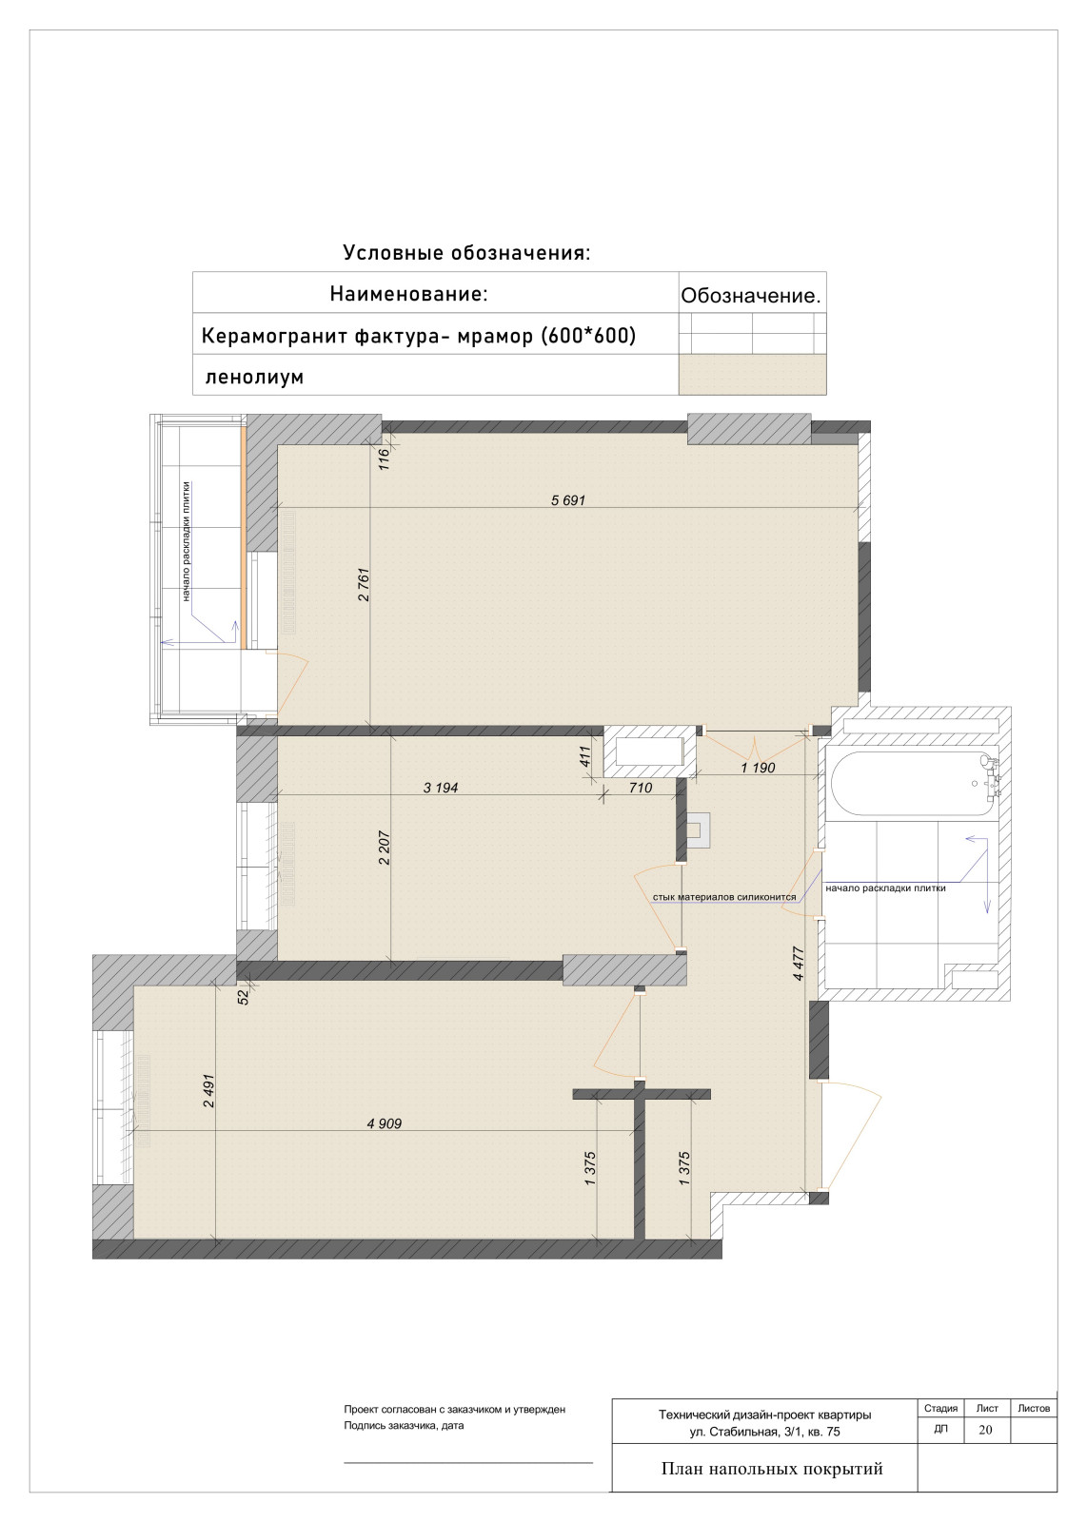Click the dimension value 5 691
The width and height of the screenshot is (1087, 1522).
pyautogui.click(x=567, y=500)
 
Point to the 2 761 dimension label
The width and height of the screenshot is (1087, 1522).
pyautogui.click(x=364, y=584)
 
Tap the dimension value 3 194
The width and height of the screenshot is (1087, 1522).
pyautogui.click(x=441, y=788)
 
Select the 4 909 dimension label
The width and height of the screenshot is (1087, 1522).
pyautogui.click(x=385, y=1123)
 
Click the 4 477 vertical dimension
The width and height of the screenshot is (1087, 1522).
pyautogui.click(x=799, y=964)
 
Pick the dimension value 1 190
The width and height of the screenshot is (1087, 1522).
pyautogui.click(x=758, y=768)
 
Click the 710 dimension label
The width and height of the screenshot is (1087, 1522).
pyautogui.click(x=641, y=788)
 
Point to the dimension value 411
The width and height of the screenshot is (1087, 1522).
pyautogui.click(x=585, y=756)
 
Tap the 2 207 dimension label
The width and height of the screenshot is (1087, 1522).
pyautogui.click(x=385, y=848)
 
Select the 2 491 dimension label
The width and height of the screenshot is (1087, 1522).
pyautogui.click(x=208, y=1090)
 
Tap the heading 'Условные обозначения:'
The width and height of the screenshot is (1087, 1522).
pyautogui.click(x=466, y=253)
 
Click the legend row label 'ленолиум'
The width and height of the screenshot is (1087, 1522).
pyautogui.click(x=254, y=376)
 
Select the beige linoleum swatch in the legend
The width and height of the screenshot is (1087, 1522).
pyautogui.click(x=752, y=375)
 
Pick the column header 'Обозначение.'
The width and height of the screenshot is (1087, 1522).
pyautogui.click(x=750, y=296)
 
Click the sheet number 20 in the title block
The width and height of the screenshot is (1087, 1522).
pyautogui.click(x=985, y=1430)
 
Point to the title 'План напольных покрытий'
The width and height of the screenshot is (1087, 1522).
pyautogui.click(x=772, y=1469)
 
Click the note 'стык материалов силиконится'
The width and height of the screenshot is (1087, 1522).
pyautogui.click(x=724, y=897)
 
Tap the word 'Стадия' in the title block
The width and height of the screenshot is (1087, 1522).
pyautogui.click(x=940, y=1408)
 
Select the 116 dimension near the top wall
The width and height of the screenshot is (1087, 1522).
pyautogui.click(x=384, y=459)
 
